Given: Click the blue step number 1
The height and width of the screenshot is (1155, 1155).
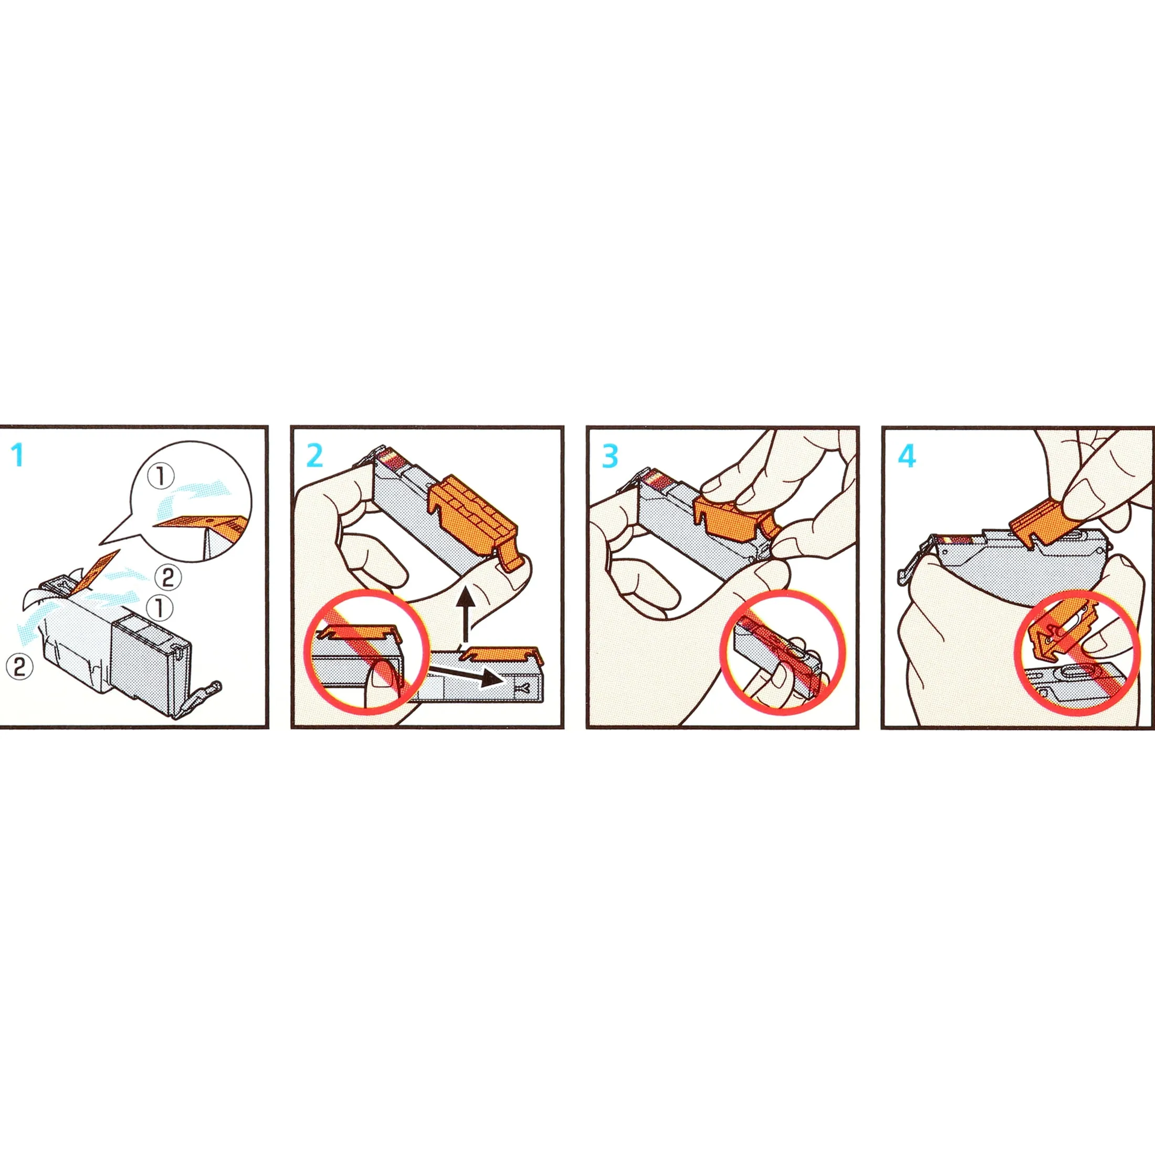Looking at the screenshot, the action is tap(18, 456).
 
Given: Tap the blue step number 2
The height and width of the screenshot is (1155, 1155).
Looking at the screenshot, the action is tap(314, 456).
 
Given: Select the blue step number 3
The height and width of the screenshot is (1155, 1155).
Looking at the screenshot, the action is tap(610, 456).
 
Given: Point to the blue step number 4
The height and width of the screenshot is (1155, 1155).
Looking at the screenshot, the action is tap(907, 456).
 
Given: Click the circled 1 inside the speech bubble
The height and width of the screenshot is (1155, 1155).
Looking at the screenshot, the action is tap(161, 477).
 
